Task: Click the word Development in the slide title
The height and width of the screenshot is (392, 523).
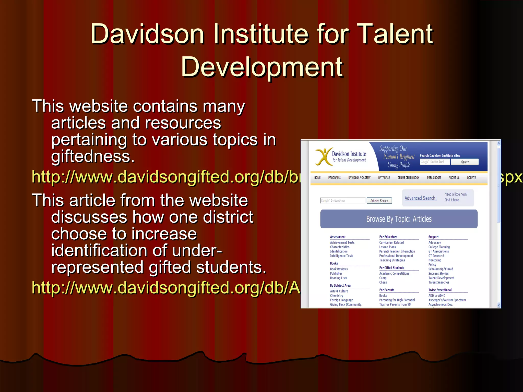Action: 262,67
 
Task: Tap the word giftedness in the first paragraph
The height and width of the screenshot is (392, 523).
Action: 93,156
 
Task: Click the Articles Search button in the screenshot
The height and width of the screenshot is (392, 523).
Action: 379,201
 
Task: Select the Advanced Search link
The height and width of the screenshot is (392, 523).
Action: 420,198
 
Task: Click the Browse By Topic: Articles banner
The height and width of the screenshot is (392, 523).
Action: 399,219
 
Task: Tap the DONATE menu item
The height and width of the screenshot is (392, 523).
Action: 471,178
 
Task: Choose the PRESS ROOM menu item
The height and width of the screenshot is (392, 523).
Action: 434,178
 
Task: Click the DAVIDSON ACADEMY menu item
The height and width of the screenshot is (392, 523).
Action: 359,178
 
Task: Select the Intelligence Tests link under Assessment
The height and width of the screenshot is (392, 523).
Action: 341,256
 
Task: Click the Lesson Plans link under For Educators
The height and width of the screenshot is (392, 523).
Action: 387,247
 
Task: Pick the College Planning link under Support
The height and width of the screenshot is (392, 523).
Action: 439,247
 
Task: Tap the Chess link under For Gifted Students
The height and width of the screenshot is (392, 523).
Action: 383,282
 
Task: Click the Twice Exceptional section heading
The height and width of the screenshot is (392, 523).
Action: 440,290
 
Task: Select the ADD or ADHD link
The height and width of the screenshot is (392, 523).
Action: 437,296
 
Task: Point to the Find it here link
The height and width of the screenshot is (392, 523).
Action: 451,200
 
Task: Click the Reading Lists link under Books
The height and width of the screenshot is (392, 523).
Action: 338,278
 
